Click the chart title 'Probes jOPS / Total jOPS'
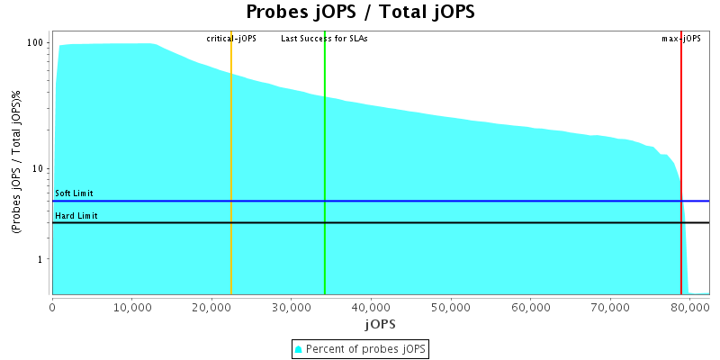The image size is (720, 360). (x=360, y=12)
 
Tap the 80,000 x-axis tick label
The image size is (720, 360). (x=689, y=306)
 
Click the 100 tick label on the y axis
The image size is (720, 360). (x=36, y=43)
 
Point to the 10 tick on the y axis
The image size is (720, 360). (x=39, y=169)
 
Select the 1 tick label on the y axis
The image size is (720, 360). (x=41, y=259)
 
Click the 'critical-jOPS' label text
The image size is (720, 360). (x=231, y=39)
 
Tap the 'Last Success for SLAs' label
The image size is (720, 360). (x=324, y=39)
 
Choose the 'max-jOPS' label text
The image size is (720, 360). (x=681, y=39)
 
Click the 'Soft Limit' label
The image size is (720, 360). (x=74, y=193)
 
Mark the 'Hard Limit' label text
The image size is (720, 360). (x=76, y=216)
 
